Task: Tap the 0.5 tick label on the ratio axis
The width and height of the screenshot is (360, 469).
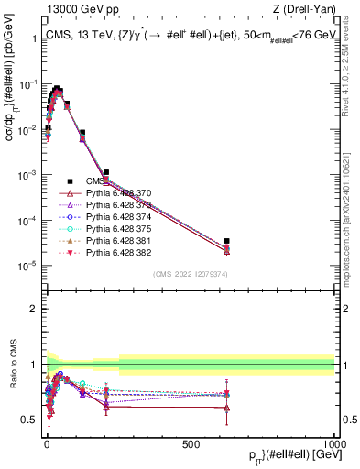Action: point(31,420)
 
